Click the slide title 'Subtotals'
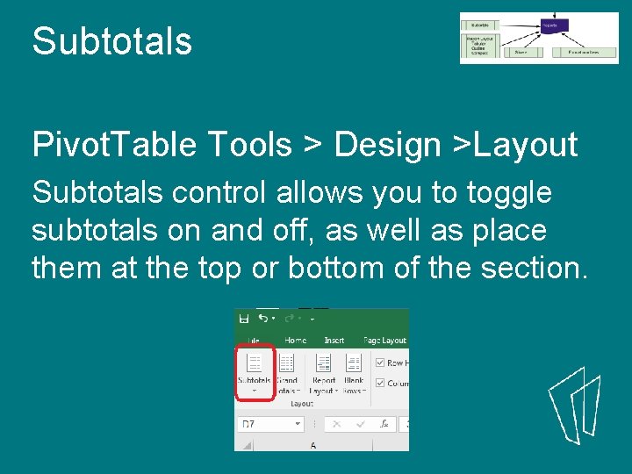tap(111, 41)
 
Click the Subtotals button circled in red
tap(255, 372)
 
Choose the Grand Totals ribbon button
tap(287, 372)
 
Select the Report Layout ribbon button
tap(323, 372)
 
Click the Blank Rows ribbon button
tap(354, 372)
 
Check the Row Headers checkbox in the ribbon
tap(379, 363)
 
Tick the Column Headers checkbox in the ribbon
tap(379, 383)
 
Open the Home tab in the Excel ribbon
tap(295, 341)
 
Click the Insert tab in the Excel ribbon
tap(334, 341)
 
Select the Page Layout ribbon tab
tap(384, 341)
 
